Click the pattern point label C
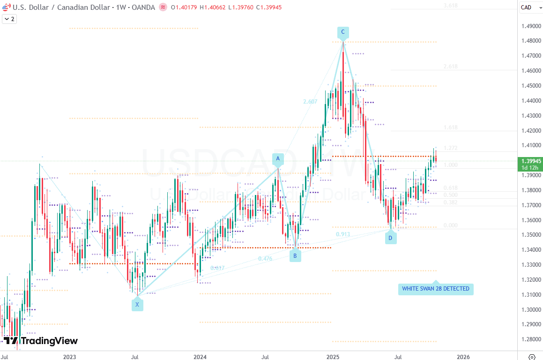tap(343, 32)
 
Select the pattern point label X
tap(137, 305)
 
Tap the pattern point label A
tap(278, 159)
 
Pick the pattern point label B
tap(295, 256)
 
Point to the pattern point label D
tap(390, 238)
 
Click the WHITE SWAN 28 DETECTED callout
tap(436, 289)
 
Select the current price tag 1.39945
tap(531, 161)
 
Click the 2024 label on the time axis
tap(200, 357)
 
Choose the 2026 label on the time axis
tap(463, 357)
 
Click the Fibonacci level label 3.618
tap(451, 6)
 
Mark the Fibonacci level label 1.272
tap(451, 148)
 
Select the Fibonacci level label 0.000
tap(451, 225)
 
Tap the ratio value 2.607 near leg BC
tap(310, 102)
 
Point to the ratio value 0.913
tap(343, 234)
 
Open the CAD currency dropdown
tap(529, 7)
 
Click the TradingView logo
tap(41, 341)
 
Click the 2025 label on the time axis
tap(333, 357)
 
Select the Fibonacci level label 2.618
tap(451, 67)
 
